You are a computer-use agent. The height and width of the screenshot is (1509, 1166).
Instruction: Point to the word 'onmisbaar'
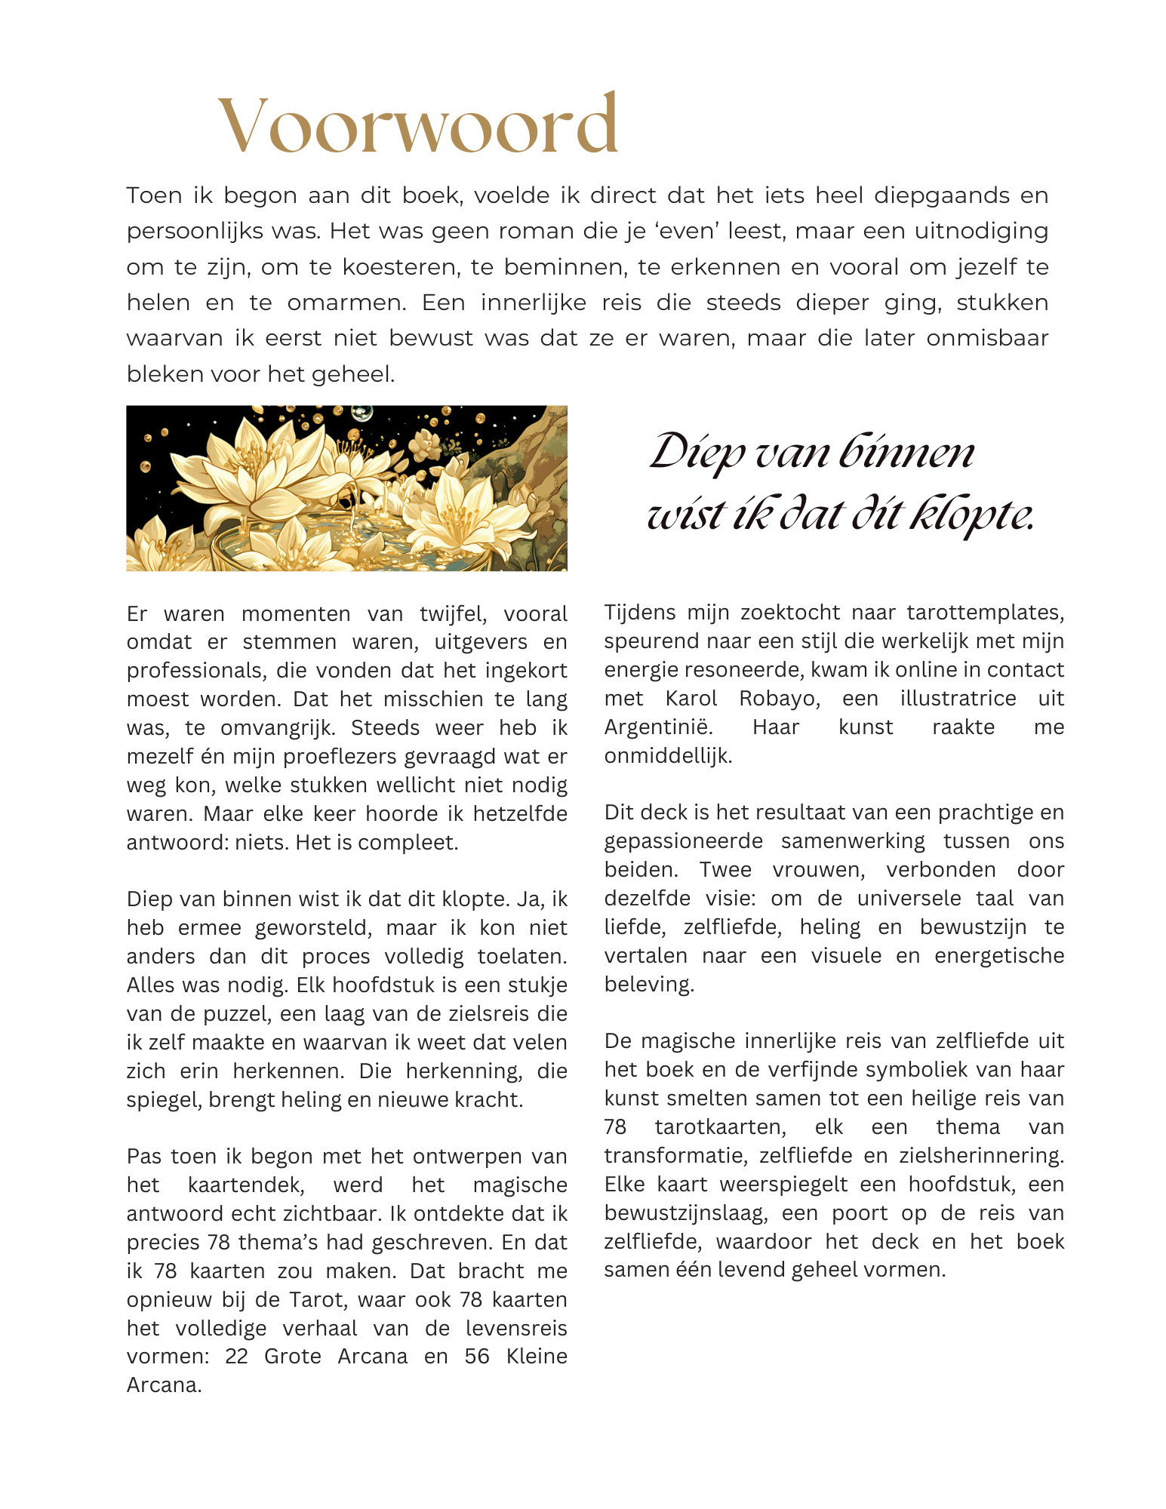987,338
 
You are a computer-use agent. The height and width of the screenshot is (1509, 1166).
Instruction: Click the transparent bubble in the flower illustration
361,413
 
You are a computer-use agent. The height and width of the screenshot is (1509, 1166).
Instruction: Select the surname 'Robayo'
779,699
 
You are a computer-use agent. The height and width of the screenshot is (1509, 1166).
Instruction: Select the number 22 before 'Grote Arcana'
236,1357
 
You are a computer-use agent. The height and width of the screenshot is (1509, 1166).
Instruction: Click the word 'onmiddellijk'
668,756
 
